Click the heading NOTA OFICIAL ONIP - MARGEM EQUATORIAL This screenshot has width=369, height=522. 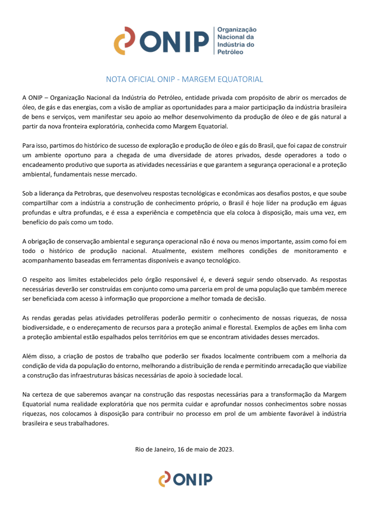tap(184, 80)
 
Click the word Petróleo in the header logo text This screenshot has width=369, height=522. tap(230, 53)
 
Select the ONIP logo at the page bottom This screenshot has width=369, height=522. tap(184, 479)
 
